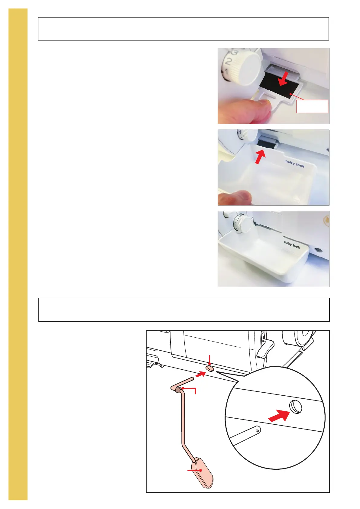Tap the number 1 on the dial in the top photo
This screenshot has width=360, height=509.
(226, 72)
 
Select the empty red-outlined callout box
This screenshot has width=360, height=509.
(312, 106)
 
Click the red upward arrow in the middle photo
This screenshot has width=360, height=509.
(260, 157)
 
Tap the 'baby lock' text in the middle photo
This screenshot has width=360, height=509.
(295, 164)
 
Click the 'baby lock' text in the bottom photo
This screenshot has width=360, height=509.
(292, 245)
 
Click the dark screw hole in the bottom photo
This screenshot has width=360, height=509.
(318, 250)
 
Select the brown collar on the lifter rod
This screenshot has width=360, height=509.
(178, 390)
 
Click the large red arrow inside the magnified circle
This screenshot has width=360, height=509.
(279, 415)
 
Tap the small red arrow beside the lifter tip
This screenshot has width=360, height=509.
(200, 374)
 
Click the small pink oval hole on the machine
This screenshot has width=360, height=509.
(210, 368)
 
